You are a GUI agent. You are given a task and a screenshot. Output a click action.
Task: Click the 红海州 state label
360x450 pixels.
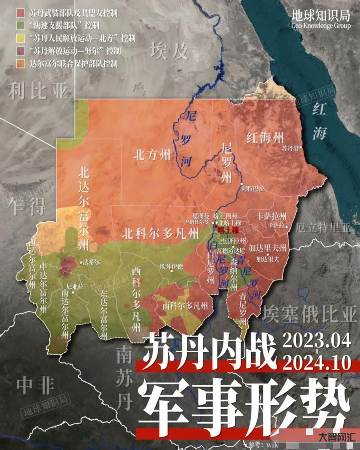click(x=265, y=138)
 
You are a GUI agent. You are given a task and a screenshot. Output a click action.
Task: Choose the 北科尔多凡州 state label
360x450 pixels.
click(x=160, y=234)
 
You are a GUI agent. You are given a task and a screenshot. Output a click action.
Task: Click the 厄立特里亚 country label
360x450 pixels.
click(x=324, y=228)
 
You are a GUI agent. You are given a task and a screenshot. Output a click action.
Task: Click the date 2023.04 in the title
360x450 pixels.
click(x=317, y=340)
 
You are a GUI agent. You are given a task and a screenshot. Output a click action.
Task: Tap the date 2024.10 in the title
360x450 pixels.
click(x=317, y=362)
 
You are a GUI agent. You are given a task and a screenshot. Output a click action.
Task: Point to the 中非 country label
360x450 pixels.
click(x=36, y=385)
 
